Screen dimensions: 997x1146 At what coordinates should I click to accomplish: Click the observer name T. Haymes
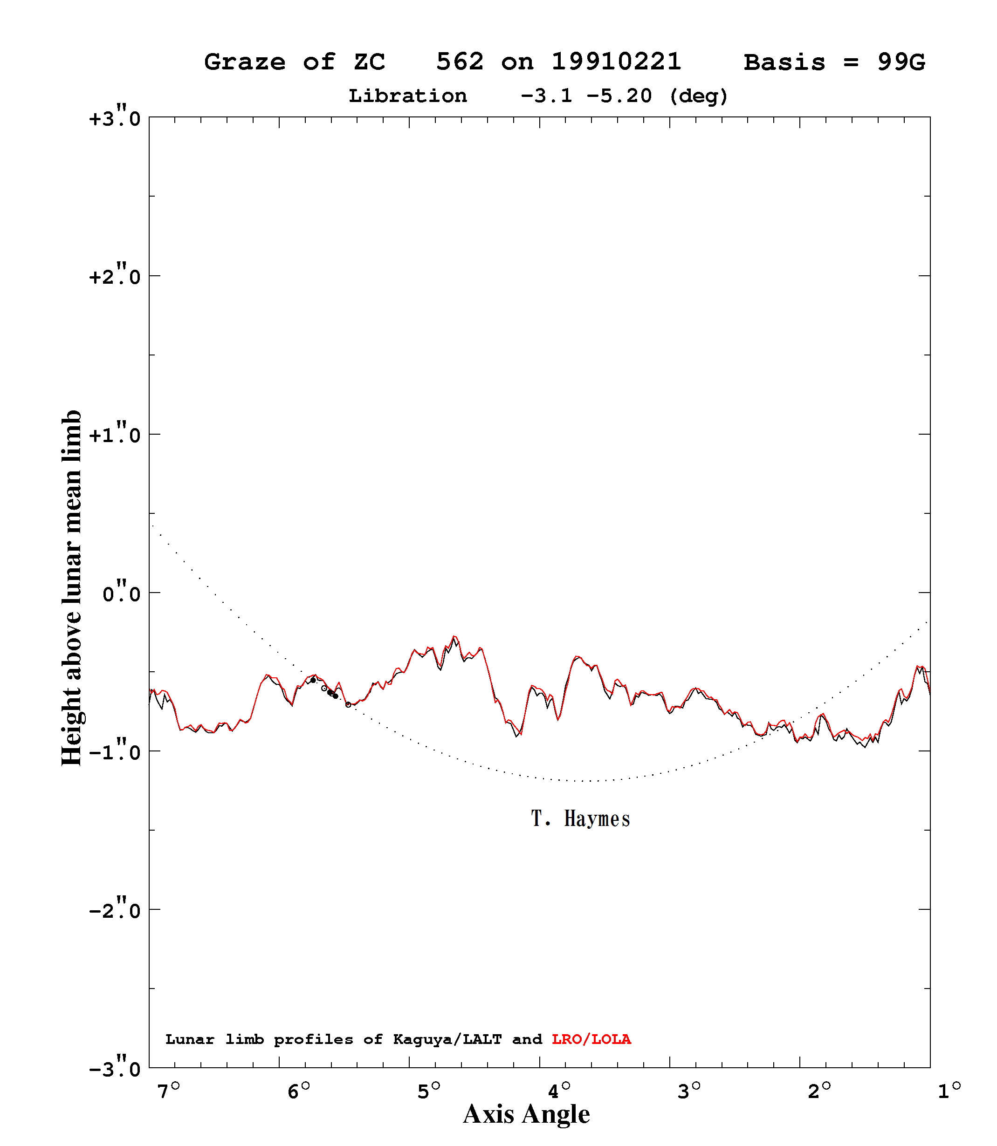[580, 819]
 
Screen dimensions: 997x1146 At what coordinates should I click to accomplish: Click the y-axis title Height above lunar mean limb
[71, 588]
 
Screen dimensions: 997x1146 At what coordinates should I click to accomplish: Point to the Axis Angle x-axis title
[526, 1114]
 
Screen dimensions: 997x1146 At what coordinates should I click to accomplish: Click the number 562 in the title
[460, 61]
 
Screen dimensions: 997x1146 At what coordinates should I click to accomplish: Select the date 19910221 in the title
[617, 61]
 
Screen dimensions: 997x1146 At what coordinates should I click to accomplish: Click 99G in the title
[901, 61]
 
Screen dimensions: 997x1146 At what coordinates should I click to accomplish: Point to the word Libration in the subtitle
[408, 95]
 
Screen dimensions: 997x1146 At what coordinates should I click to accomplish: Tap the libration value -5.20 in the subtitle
[619, 95]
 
